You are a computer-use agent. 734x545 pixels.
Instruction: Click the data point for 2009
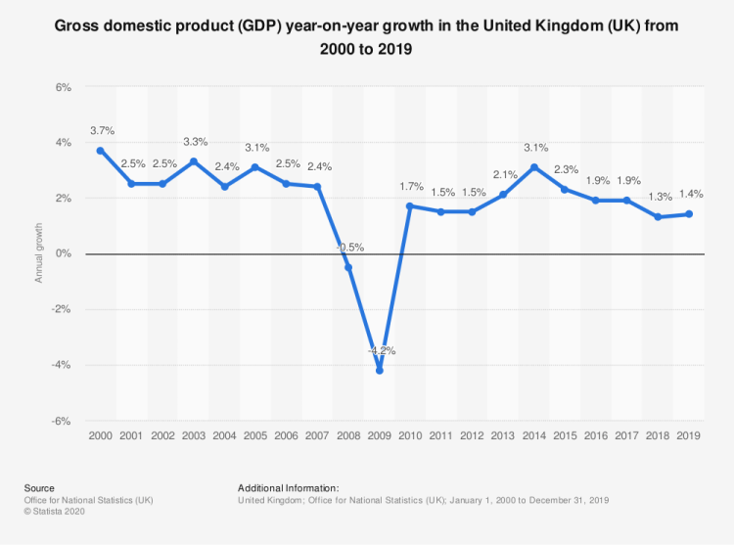380,370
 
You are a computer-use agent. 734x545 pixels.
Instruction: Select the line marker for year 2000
101,151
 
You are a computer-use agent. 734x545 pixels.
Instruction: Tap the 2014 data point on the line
534,167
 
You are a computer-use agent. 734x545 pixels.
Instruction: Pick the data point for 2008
348,267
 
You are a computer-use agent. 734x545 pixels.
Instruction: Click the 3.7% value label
102,129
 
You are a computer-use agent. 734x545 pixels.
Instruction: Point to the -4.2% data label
380,349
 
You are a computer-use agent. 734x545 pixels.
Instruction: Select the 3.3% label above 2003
194,140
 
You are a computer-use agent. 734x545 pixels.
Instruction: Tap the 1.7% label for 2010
411,185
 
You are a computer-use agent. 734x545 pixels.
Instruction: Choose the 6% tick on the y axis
63,87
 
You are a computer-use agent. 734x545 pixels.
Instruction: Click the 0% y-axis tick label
63,254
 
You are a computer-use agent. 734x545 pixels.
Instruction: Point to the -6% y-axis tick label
61,421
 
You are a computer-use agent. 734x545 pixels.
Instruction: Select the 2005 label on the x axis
255,434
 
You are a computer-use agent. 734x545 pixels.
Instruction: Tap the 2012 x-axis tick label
473,434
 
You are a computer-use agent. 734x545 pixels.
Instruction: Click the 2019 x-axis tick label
689,434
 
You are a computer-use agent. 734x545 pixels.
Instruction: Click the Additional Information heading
288,487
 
